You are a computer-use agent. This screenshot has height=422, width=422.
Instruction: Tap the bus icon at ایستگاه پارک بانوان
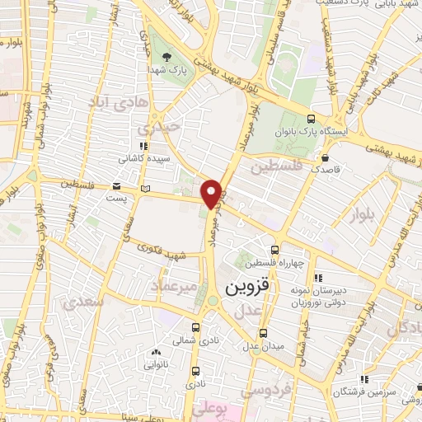pos(310,119)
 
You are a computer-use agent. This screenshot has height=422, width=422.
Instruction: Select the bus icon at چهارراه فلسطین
pos(275,250)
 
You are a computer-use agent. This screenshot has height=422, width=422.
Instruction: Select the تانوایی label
pos(157,363)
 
